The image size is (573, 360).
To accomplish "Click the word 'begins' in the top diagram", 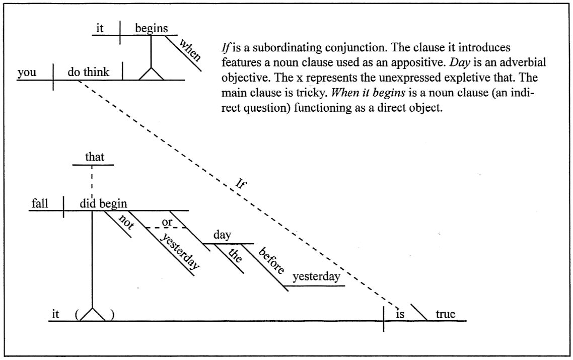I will pos(151,29).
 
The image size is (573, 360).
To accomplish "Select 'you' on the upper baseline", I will pos(27,73).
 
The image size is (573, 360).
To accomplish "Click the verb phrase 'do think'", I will pos(88,73).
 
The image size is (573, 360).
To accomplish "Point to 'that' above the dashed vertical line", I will pos(95,157).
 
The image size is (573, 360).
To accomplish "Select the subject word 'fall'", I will pos(39,203).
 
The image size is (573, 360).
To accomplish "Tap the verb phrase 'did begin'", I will pos(103,203).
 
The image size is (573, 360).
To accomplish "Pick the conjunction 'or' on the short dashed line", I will pos(167,222).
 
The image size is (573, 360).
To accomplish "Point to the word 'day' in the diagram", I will pos(222,235).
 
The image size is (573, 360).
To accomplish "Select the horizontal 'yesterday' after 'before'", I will pos(316,276).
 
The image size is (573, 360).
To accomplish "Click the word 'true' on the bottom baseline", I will pos(446,314).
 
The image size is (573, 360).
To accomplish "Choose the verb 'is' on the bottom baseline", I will pos(400,314).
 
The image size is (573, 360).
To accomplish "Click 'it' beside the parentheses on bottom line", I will pos(55,314).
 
